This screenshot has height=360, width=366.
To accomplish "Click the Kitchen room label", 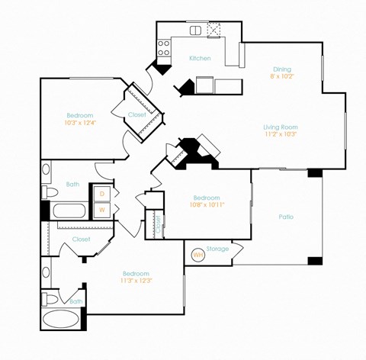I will point(200,59).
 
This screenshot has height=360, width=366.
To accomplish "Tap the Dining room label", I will point(282,69).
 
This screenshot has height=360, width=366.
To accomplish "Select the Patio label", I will point(286,217).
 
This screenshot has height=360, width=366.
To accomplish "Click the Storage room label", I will point(217,248).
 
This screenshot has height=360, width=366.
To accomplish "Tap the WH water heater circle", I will point(197,255).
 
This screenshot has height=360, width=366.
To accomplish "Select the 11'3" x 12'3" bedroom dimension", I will point(136,281).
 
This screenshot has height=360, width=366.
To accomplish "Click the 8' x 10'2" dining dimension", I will point(282,76).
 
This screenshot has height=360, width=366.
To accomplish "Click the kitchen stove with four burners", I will point(163,48).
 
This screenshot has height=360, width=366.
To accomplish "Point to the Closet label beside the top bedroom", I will point(136,114).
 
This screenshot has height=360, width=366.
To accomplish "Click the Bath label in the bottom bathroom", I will point(76,301).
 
